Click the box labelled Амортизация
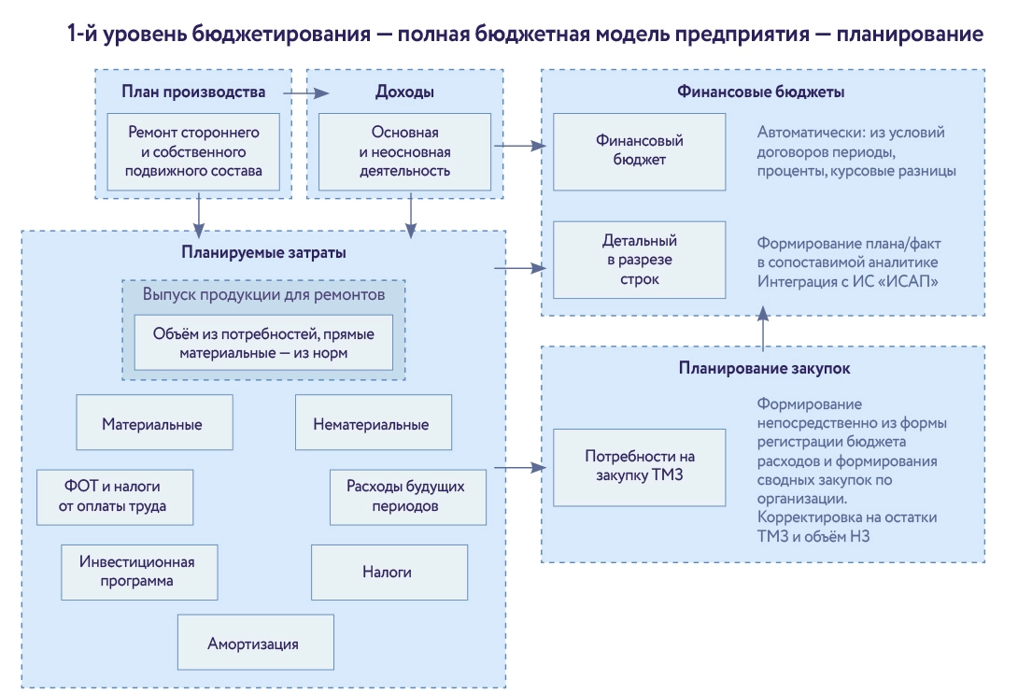pyautogui.click(x=255, y=643)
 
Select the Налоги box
pyautogui.click(x=389, y=572)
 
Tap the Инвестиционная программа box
pyautogui.click(x=138, y=572)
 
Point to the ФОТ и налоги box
pyautogui.click(x=115, y=497)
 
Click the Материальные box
pyautogui.click(x=152, y=423)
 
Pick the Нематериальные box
pyautogui.click(x=373, y=423)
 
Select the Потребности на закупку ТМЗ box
pyautogui.click(x=640, y=465)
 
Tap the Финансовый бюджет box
pyautogui.click(x=640, y=150)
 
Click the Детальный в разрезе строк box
pyautogui.click(x=640, y=260)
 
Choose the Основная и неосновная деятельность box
pyautogui.click(x=404, y=152)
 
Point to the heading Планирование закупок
pyautogui.click(x=763, y=368)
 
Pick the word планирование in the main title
pyautogui.click(x=910, y=34)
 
